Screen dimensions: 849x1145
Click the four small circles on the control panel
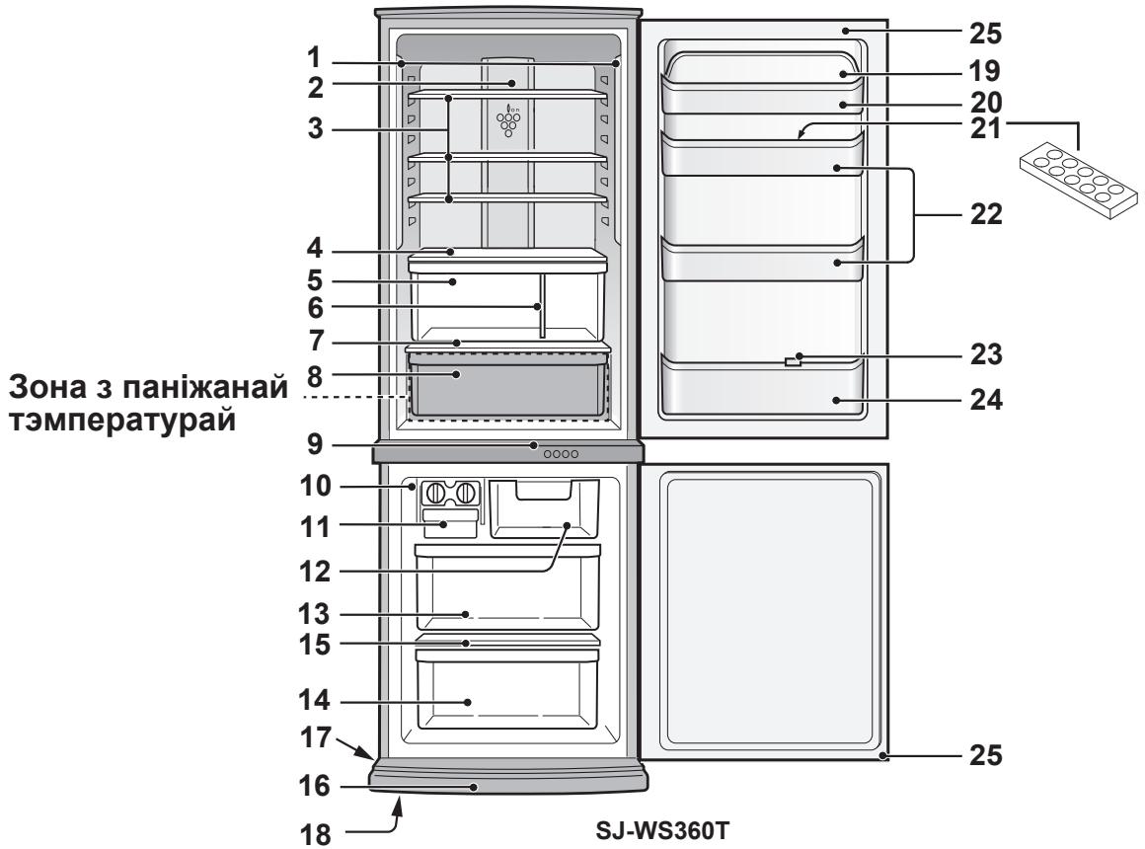[x=561, y=454]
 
